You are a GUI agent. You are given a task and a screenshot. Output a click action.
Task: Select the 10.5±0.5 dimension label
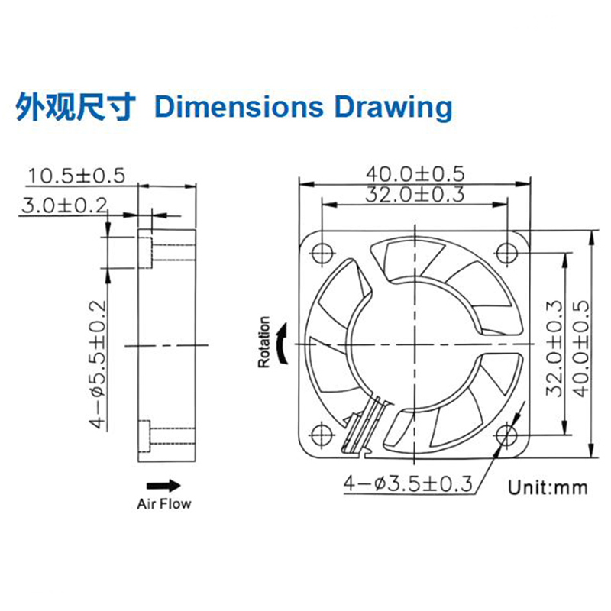pos(76,176)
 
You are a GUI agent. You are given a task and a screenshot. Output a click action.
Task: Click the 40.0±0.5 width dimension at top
pos(415,174)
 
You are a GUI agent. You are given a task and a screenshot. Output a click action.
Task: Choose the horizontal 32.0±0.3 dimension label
pos(415,195)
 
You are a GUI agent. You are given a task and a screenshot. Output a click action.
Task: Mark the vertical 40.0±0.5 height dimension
pos(580,348)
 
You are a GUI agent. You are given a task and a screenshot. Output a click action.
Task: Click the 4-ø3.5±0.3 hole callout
pos(409,483)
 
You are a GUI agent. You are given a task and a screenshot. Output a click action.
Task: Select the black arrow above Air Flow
pos(163,485)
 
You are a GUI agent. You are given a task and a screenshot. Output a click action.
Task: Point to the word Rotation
pos(264,343)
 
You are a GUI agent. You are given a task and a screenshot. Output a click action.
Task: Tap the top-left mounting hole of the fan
pos(322,251)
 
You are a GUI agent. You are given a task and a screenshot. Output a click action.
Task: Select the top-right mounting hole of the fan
pos(507,251)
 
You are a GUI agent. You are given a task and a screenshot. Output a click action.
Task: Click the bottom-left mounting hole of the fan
pos(322,436)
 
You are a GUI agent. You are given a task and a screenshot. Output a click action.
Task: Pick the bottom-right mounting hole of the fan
pos(507,436)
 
